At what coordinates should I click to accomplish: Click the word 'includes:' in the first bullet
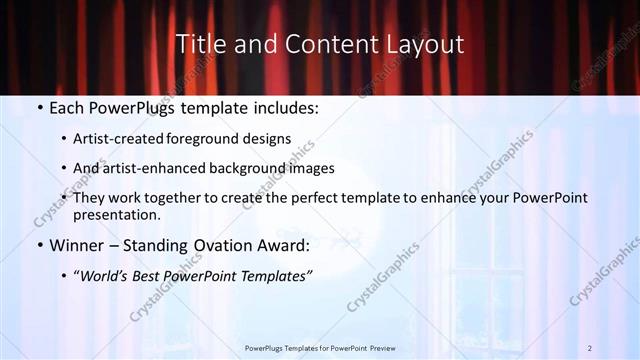tap(284, 108)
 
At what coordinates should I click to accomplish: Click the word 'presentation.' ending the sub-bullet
tap(116, 214)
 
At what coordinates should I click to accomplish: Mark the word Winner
tap(78, 246)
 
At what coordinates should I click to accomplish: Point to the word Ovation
tap(220, 246)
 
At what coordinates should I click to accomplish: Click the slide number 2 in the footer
tap(590, 347)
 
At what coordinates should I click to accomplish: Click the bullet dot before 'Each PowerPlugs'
tap(39, 108)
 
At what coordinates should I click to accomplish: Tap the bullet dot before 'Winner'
tap(39, 246)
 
